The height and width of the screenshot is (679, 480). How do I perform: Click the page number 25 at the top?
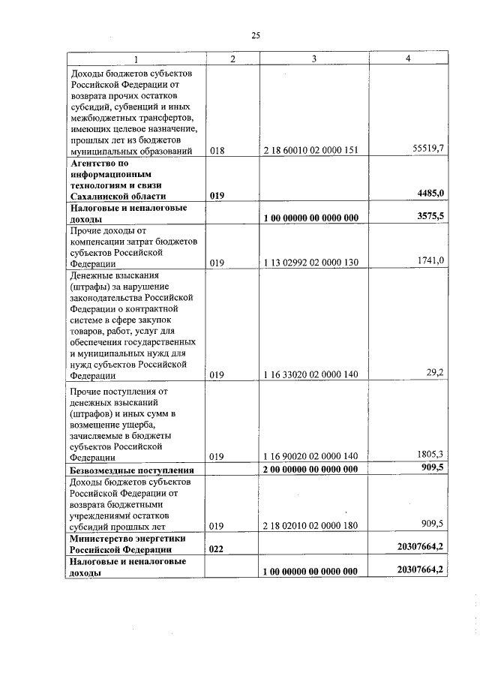(x=255, y=35)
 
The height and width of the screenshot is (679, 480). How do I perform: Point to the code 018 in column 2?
(x=217, y=150)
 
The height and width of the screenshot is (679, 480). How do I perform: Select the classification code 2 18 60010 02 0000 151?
(x=310, y=150)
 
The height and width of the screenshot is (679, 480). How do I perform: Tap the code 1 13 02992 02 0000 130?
(x=310, y=262)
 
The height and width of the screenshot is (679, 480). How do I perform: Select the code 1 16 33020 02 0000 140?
(x=310, y=374)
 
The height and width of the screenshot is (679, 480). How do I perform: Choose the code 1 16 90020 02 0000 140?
(x=310, y=455)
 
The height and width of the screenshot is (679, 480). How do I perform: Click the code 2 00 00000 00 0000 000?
(x=310, y=469)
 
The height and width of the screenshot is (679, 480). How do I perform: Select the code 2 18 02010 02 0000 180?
(x=310, y=526)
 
